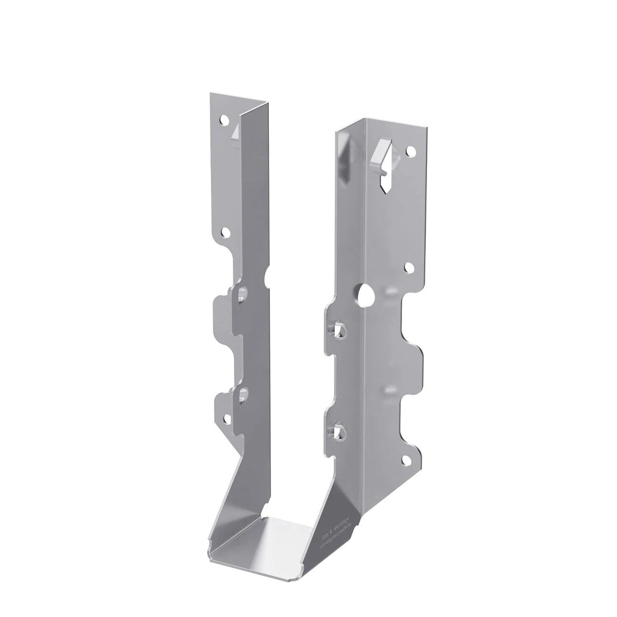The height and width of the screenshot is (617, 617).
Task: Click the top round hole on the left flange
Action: tap(223, 120)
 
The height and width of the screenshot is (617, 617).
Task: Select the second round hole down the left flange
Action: tap(223, 233)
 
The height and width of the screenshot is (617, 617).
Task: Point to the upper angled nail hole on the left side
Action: tap(243, 294)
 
